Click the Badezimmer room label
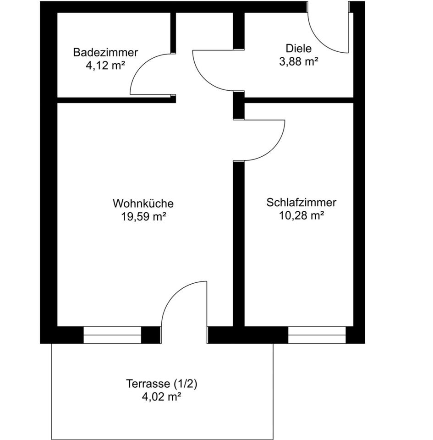pyautogui.click(x=105, y=53)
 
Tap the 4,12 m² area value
pyautogui.click(x=105, y=66)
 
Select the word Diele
pyautogui.click(x=298, y=49)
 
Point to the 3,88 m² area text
pyautogui.click(x=299, y=61)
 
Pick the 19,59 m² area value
pyautogui.click(x=143, y=217)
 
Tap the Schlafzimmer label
pyautogui.click(x=301, y=203)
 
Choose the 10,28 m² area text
pyautogui.click(x=301, y=216)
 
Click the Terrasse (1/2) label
pyautogui.click(x=162, y=384)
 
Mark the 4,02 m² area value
pyautogui.click(x=162, y=397)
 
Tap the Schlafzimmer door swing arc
pyautogui.click(x=270, y=147)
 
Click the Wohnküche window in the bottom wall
pyautogui.click(x=112, y=335)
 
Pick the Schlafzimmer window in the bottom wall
pyautogui.click(x=317, y=335)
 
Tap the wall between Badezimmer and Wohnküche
pyautogui.click(x=115, y=99)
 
